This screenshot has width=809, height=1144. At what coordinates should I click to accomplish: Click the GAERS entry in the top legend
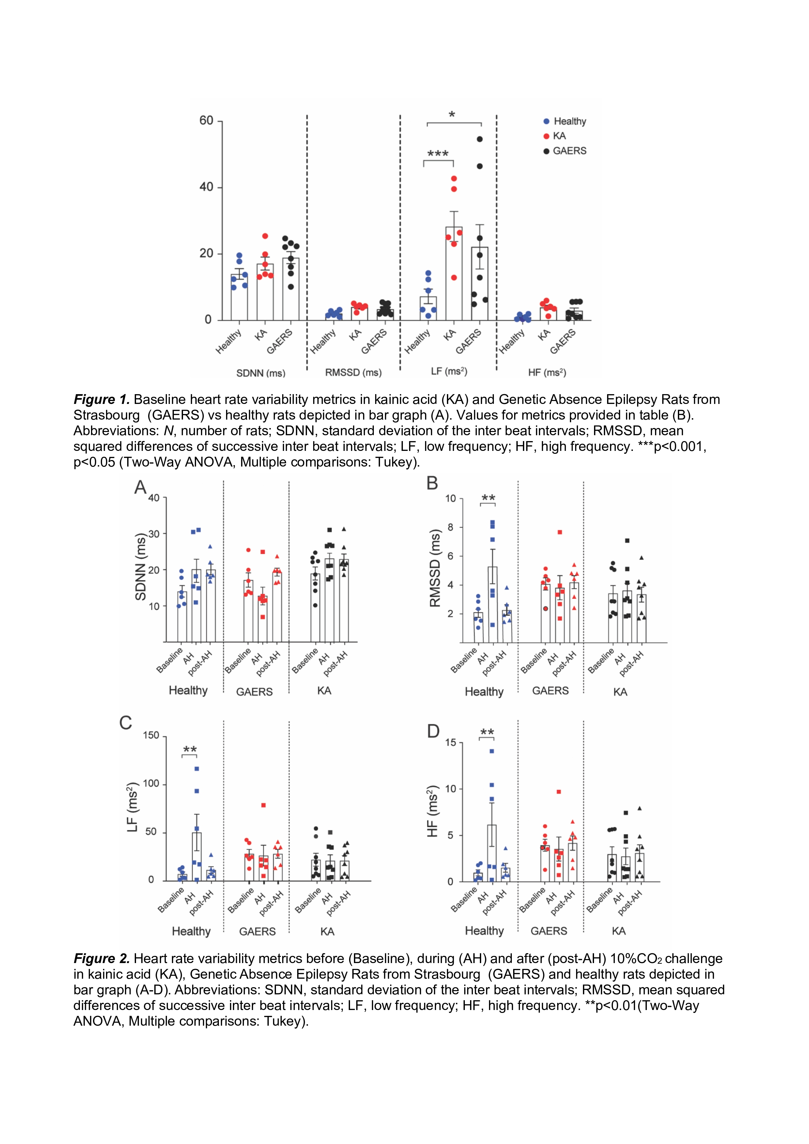tap(569, 151)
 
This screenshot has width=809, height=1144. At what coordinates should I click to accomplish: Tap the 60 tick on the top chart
tap(206, 121)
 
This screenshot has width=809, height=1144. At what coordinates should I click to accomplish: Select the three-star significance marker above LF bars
tap(438, 154)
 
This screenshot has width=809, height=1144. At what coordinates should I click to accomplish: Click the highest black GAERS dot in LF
tap(480, 139)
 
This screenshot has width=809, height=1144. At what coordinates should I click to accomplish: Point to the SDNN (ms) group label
tap(261, 373)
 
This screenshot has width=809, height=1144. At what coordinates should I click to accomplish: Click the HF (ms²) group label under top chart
tap(547, 372)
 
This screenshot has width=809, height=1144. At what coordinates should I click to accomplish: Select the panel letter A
tap(141, 487)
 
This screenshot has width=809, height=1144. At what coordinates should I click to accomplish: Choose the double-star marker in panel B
tap(488, 498)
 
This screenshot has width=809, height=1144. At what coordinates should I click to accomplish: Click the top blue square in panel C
tap(196, 769)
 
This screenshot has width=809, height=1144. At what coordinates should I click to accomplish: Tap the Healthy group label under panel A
tap(188, 691)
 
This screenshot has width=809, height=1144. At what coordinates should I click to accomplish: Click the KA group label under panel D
tap(618, 931)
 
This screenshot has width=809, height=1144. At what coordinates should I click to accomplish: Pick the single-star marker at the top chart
tap(451, 115)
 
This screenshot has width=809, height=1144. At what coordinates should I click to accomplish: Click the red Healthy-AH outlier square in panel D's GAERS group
tap(559, 792)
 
